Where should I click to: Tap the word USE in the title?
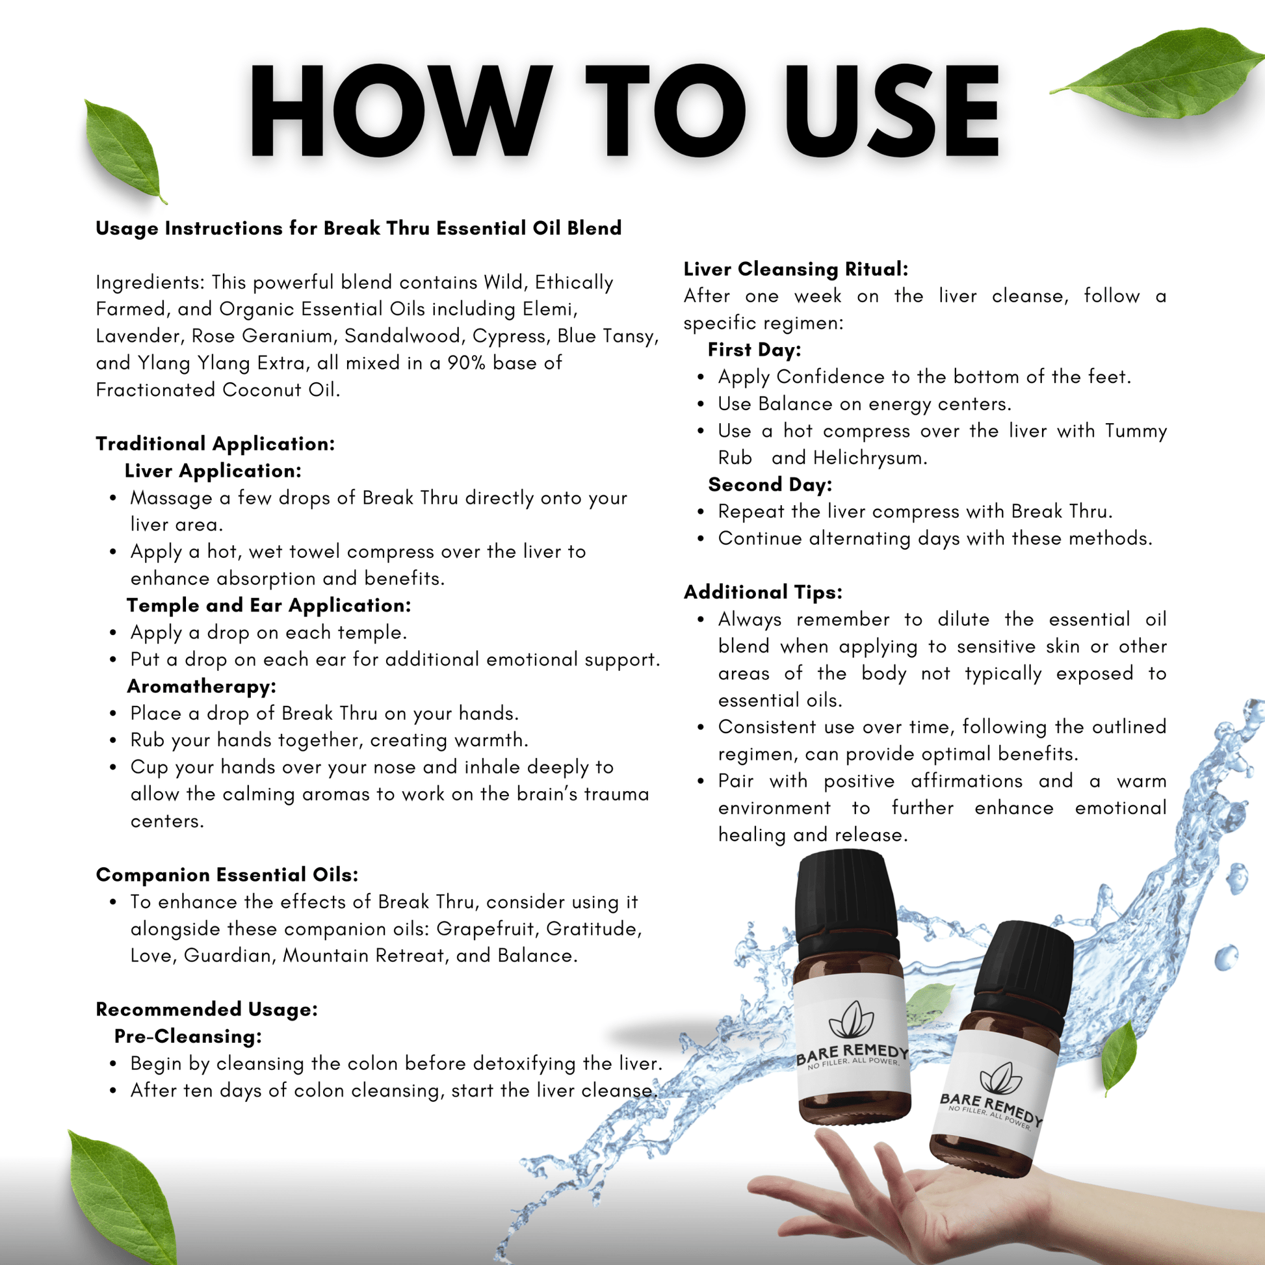coord(891,111)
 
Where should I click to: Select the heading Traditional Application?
coord(215,444)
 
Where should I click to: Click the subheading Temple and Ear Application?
coord(268,606)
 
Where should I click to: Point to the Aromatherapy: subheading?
coord(202,686)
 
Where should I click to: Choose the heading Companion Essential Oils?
coord(228,875)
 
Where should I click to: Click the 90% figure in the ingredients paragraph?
coord(466,363)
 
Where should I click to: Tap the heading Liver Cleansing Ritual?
coord(796,269)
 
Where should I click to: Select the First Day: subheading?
coord(754,350)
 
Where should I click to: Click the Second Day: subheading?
coord(770,484)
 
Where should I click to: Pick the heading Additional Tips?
coord(763,592)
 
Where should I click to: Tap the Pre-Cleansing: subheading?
coord(188,1036)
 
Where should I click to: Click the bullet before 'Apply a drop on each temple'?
coord(113,633)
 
